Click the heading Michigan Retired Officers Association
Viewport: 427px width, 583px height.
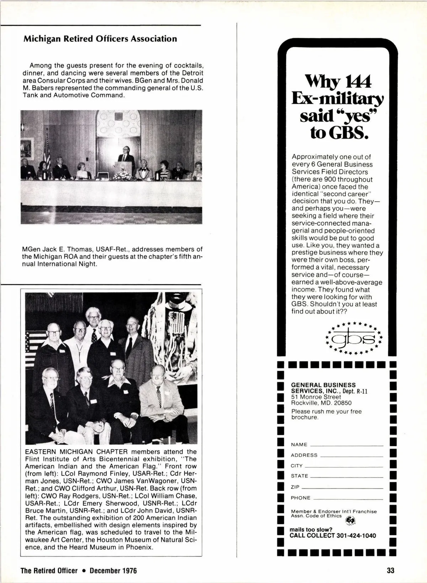pyautogui.click(x=100, y=39)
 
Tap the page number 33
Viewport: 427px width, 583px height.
pyautogui.click(x=391, y=571)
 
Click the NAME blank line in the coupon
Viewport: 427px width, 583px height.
pyautogui.click(x=347, y=445)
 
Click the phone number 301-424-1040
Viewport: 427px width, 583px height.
pyautogui.click(x=356, y=536)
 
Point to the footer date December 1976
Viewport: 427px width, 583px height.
pyautogui.click(x=113, y=571)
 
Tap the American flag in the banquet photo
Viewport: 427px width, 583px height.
pyautogui.click(x=47, y=151)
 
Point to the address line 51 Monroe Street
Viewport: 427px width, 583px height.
pyautogui.click(x=316, y=397)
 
